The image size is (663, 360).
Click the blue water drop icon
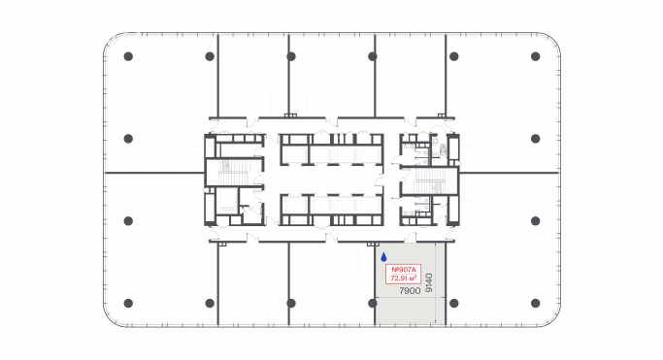pyautogui.click(x=384, y=258)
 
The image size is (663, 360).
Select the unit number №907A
pyautogui.click(x=402, y=269)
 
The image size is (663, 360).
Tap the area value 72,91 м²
pyautogui.click(x=402, y=278)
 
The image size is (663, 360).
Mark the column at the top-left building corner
pyautogui.click(x=128, y=57)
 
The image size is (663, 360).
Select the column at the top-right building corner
pyautogui.click(x=535, y=57)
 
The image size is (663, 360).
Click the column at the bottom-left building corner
pyautogui.click(x=128, y=303)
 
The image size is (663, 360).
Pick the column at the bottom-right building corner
pyautogui.click(x=535, y=303)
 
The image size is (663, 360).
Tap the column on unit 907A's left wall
pyautogui.click(x=374, y=303)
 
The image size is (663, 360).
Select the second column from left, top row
pyautogui.click(x=210, y=57)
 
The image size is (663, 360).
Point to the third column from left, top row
pyautogui.click(x=290, y=57)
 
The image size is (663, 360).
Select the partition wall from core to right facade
pyautogui.click(x=510, y=173)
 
